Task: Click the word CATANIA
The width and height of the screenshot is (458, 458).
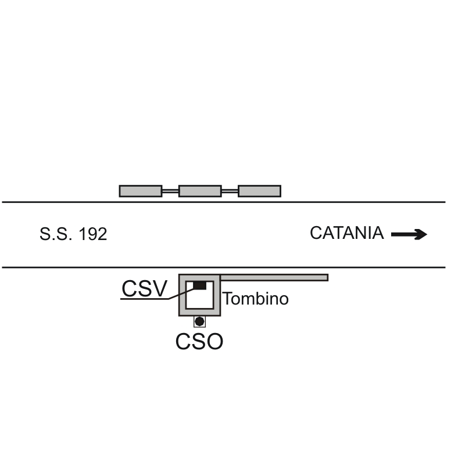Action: click(x=346, y=234)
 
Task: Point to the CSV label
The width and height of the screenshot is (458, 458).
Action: click(x=144, y=288)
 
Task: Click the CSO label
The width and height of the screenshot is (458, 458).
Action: click(x=199, y=342)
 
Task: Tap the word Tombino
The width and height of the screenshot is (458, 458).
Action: click(x=256, y=299)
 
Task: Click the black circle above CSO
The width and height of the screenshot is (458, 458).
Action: click(x=199, y=321)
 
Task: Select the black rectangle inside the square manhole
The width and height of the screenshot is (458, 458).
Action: click(x=199, y=285)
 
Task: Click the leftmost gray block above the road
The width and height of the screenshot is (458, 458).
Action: click(x=141, y=191)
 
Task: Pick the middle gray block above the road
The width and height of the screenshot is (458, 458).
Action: click(x=200, y=191)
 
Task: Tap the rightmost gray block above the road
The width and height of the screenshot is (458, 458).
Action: click(x=259, y=191)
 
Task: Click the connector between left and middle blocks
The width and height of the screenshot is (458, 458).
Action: click(x=170, y=191)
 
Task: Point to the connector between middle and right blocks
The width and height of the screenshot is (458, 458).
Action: click(x=230, y=191)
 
